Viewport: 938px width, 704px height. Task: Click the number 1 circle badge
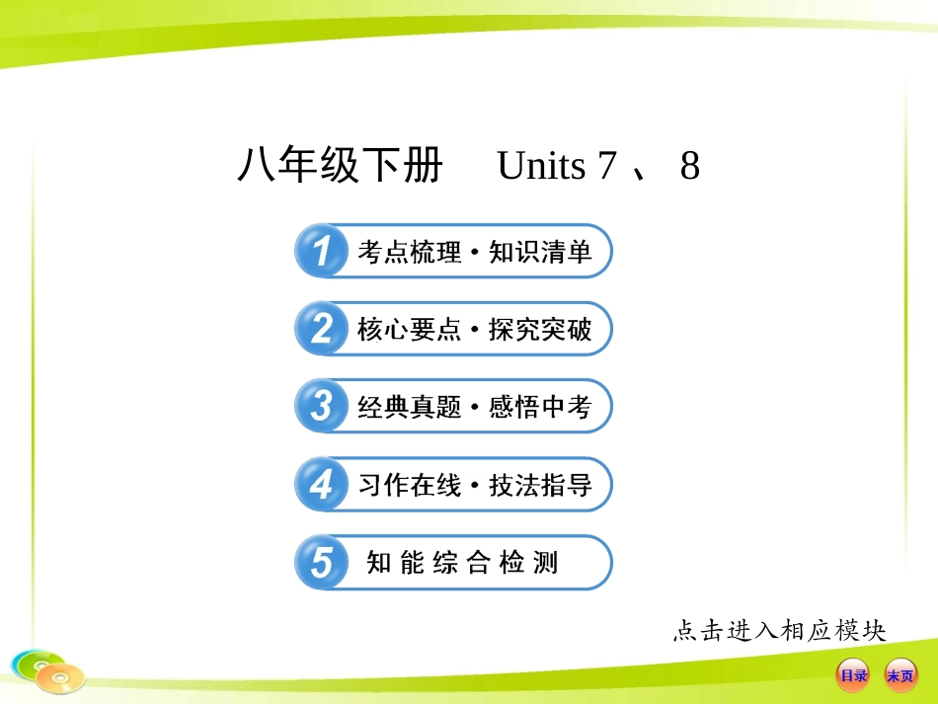(x=321, y=252)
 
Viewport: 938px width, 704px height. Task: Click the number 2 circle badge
(x=321, y=329)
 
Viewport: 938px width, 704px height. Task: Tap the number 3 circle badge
(x=321, y=407)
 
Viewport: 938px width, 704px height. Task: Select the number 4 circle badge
(x=321, y=485)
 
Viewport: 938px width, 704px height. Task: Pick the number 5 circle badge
(x=321, y=563)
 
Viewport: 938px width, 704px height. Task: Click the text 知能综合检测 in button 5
(x=462, y=563)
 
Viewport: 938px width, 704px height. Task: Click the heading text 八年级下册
(x=340, y=167)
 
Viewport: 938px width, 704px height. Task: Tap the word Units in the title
(x=541, y=167)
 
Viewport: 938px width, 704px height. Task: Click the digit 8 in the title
(x=689, y=167)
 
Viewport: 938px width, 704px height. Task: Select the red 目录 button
(x=852, y=675)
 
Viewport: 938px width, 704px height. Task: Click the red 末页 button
(x=899, y=675)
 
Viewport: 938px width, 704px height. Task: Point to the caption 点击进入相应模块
(x=779, y=630)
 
